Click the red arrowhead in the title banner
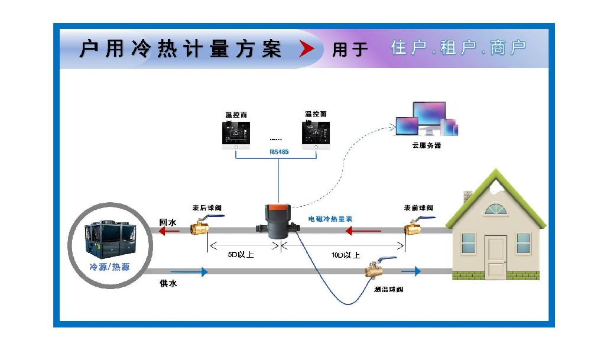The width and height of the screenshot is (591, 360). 307,49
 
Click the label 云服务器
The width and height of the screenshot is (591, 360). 426,145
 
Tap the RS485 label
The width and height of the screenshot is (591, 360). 278,151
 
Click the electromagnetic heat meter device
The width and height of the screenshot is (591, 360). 276,221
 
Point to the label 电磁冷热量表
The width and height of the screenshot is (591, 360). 330,219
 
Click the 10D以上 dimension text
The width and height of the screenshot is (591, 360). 346,255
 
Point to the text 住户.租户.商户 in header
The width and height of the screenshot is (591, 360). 459,48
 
